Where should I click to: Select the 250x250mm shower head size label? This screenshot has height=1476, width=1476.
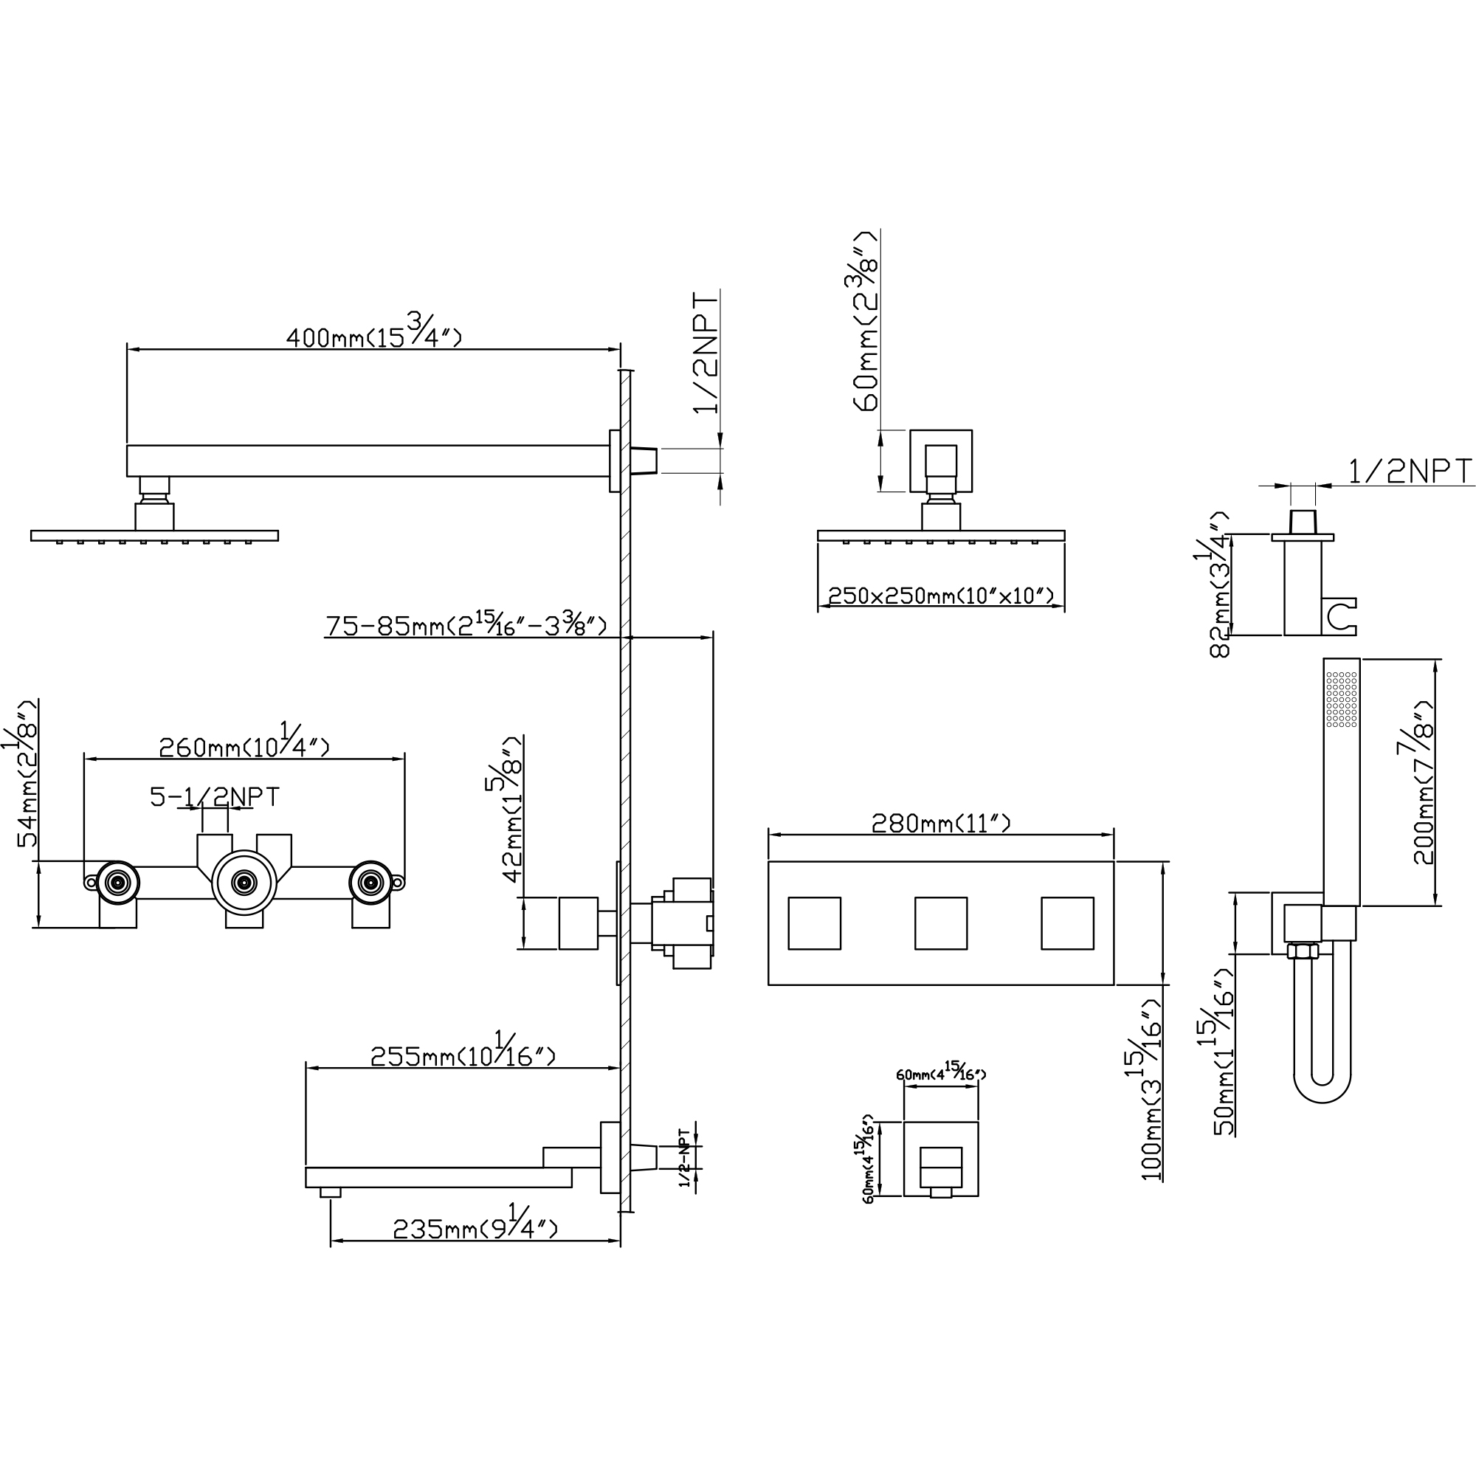click(x=940, y=595)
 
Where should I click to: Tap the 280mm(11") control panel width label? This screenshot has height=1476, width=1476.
click(x=940, y=823)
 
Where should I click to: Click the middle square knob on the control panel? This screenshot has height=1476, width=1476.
click(x=940, y=923)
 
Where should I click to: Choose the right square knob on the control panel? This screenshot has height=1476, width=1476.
click(x=1066, y=923)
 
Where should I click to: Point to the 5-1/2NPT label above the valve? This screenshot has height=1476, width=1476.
click(x=215, y=797)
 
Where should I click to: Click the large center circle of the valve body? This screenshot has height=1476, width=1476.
click(x=244, y=883)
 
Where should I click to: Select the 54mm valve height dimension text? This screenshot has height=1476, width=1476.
click(x=27, y=773)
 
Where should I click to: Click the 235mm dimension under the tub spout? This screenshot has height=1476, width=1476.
click(x=475, y=1229)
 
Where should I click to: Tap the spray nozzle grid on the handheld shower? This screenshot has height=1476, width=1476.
click(x=1342, y=699)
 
